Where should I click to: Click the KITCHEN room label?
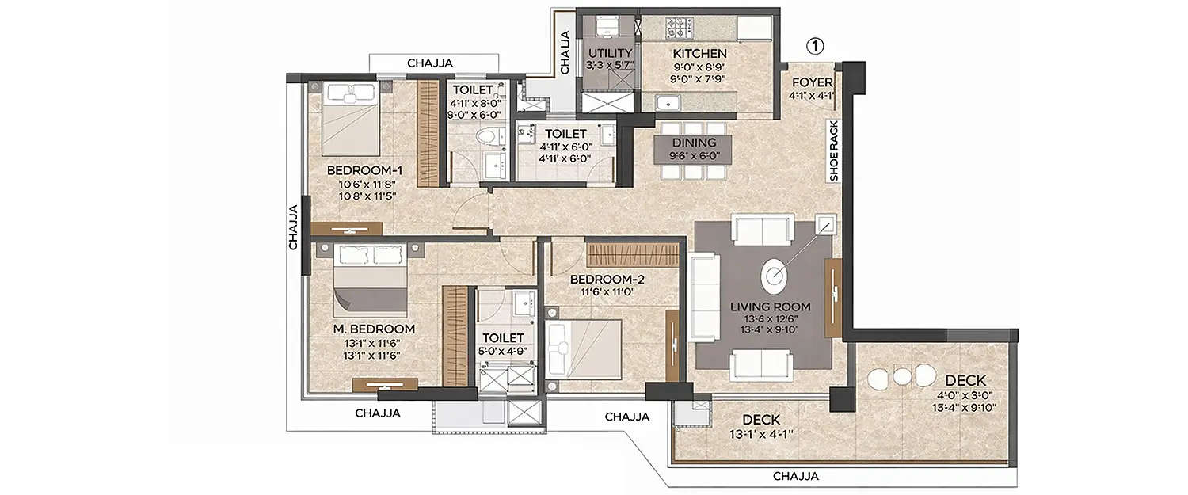point(699,54)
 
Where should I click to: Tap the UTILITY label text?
point(609,54)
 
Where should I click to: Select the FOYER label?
point(811,82)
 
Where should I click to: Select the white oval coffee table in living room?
point(775,275)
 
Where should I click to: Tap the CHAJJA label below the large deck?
point(796,476)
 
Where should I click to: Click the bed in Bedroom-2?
point(583,349)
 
